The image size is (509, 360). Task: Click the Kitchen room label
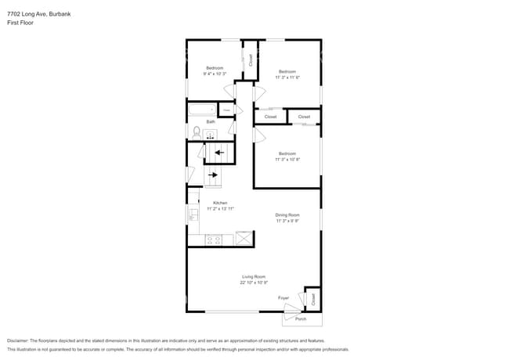pos(220,203)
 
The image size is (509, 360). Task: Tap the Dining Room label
pos(287,214)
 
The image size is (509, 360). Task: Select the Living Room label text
pos(254,276)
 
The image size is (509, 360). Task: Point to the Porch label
pos(301,319)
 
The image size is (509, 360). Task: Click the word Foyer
pos(283,298)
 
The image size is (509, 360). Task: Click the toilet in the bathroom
pos(197,132)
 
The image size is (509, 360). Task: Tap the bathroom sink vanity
pos(210,135)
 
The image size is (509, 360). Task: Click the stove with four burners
pos(214,239)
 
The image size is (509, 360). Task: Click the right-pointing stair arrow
pos(214,175)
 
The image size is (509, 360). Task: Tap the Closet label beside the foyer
pos(313,298)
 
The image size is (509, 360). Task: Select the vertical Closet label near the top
pos(251,59)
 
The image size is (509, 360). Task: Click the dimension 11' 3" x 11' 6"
pos(287,77)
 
